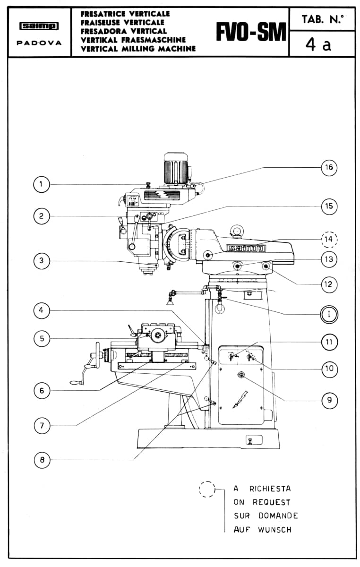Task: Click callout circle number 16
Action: click(x=329, y=167)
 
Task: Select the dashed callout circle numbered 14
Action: click(x=329, y=239)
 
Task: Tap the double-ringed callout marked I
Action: click(x=329, y=314)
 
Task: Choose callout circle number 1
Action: click(x=41, y=184)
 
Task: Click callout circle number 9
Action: click(x=329, y=400)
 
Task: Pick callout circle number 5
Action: click(x=42, y=338)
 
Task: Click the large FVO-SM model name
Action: click(x=251, y=32)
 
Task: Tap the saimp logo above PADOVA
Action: click(x=39, y=26)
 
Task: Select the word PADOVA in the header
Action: click(x=39, y=43)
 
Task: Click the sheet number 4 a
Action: click(x=318, y=45)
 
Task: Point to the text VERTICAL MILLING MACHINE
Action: click(x=138, y=48)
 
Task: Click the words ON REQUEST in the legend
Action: click(x=262, y=502)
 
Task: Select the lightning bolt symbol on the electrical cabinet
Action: click(x=240, y=399)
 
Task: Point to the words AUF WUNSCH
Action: click(x=263, y=529)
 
